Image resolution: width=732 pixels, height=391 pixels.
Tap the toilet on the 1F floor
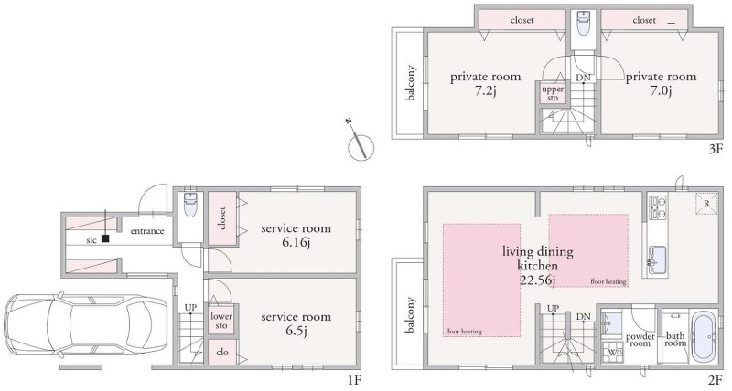tap(190, 206)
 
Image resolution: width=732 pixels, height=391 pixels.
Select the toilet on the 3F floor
tap(583, 23)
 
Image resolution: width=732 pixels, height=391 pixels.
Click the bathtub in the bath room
tap(704, 336)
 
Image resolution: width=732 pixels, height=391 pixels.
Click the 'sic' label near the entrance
tap(91, 240)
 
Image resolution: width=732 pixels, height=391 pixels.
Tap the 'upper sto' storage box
tap(553, 93)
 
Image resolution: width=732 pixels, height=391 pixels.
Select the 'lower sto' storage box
tap(221, 321)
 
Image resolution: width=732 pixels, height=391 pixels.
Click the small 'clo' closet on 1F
tap(222, 352)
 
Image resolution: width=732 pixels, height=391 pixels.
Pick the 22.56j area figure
tap(537, 280)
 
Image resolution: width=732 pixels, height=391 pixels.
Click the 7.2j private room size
tap(485, 90)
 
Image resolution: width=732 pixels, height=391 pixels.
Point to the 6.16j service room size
tap(296, 242)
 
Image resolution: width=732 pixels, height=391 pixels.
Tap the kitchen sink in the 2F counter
tap(658, 258)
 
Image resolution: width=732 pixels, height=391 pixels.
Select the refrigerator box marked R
tap(706, 204)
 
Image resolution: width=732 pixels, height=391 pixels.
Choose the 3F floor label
tap(716, 150)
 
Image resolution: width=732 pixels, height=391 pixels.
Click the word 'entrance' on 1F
tap(147, 231)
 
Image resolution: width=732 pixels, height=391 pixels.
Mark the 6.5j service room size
tap(296, 331)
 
